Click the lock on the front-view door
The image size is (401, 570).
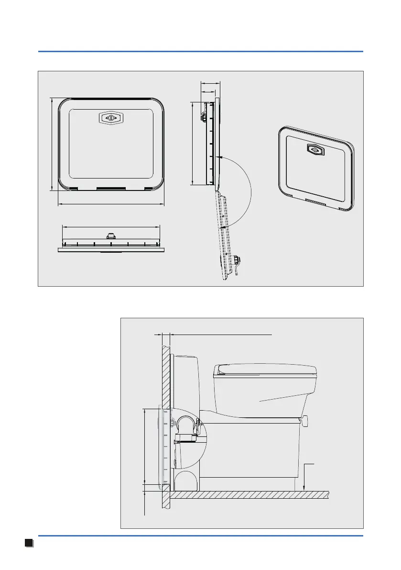[110, 118]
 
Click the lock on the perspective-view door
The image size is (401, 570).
[315, 150]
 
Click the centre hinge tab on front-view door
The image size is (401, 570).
[111, 188]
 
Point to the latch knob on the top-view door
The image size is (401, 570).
[110, 236]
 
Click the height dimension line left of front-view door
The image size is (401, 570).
[51, 144]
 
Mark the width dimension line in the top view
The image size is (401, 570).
[110, 227]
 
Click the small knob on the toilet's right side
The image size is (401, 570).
[304, 421]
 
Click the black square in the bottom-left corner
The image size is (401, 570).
[28, 542]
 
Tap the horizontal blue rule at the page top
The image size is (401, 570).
[200, 51]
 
